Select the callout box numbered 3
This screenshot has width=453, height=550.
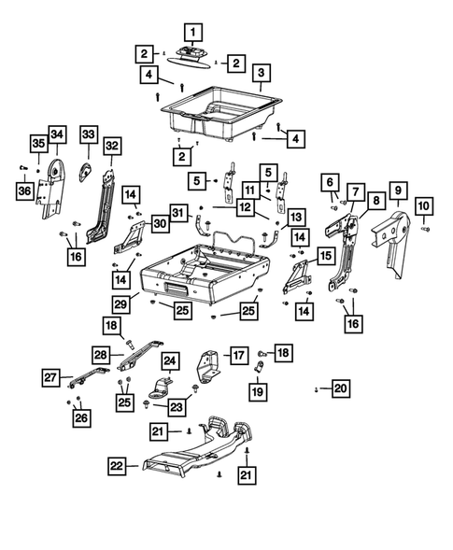pos(261,73)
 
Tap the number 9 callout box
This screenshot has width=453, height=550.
pos(396,191)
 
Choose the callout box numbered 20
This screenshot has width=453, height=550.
pos(340,388)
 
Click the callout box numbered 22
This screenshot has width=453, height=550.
pos(115,466)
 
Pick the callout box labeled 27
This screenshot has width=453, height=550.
pos(50,377)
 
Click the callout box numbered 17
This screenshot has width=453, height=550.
pos(238,355)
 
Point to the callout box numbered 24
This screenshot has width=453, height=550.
pos(169,360)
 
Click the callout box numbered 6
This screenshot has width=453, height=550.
pos(329,181)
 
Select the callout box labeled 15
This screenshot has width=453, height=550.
pos(326,255)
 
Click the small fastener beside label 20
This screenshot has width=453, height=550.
pos(318,388)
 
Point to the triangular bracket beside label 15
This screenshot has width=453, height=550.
pos(301,272)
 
